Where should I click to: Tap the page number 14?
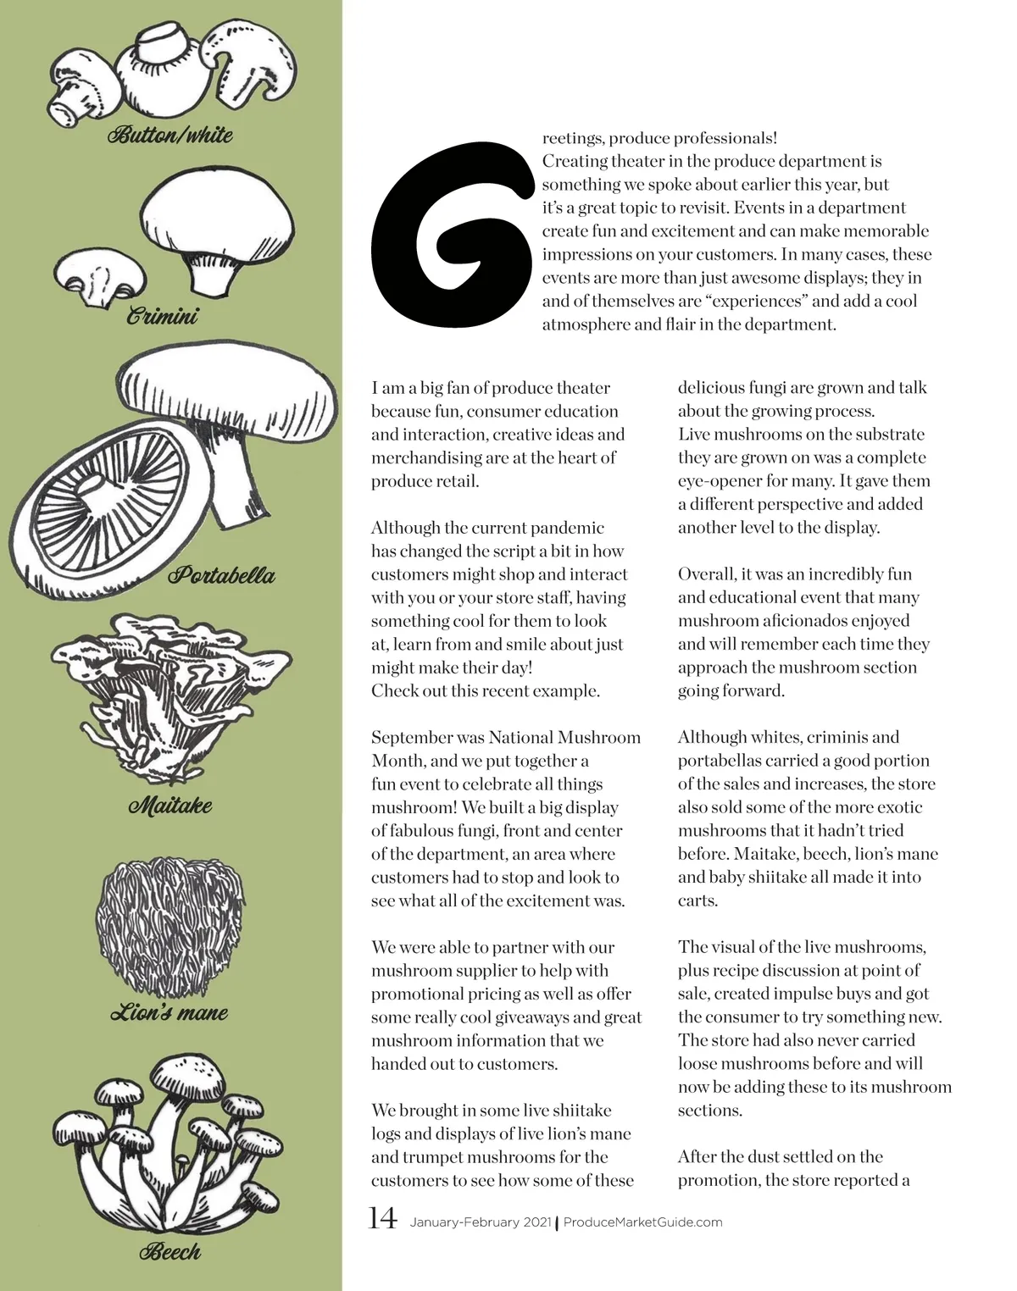pyautogui.click(x=382, y=1219)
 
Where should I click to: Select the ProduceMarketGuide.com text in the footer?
pyautogui.click(x=642, y=1222)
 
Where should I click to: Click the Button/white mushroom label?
pyautogui.click(x=169, y=135)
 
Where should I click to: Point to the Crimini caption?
pyautogui.click(x=163, y=317)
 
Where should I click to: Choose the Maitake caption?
pyautogui.click(x=169, y=805)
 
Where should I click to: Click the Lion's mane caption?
pyautogui.click(x=169, y=1012)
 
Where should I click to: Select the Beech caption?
pyautogui.click(x=170, y=1251)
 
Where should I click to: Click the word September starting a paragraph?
pyautogui.click(x=412, y=738)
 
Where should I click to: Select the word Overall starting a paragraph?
pyautogui.click(x=707, y=574)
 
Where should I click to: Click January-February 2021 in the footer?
pyautogui.click(x=481, y=1222)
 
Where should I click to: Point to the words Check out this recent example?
pyautogui.click(x=485, y=691)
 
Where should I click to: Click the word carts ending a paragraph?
pyautogui.click(x=697, y=900)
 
